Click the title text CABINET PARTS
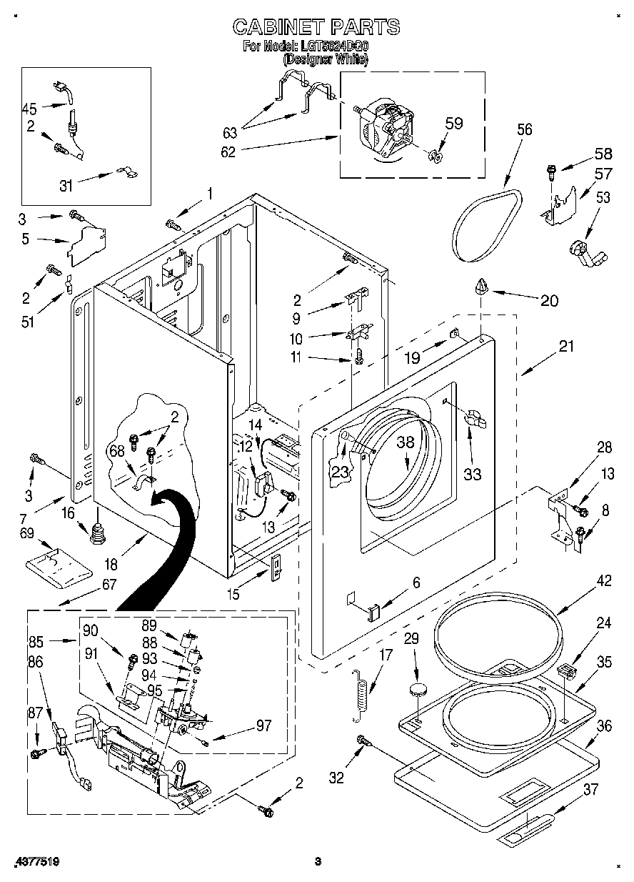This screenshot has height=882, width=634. coord(316,27)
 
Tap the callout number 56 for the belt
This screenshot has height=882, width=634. coord(525,129)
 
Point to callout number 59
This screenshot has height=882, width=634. coord(453,123)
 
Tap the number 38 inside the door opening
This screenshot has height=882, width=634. coord(406,442)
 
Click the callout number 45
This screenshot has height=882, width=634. coord(29,109)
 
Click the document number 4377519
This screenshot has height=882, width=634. coord(35,863)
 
